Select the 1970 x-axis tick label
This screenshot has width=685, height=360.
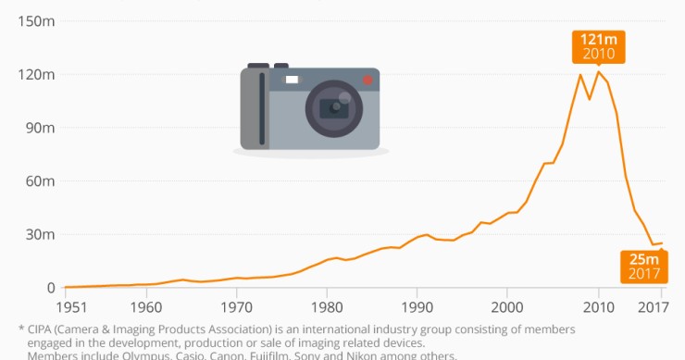[x=236, y=306]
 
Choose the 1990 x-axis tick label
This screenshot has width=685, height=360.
[x=417, y=306]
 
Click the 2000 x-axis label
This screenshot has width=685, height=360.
[x=507, y=306]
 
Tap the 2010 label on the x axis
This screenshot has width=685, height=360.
[x=598, y=306]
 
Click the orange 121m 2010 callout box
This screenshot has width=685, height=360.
[x=598, y=46]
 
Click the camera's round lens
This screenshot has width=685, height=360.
[x=333, y=107]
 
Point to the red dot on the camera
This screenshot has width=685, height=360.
[x=367, y=81]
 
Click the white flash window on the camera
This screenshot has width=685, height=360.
[x=293, y=81]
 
